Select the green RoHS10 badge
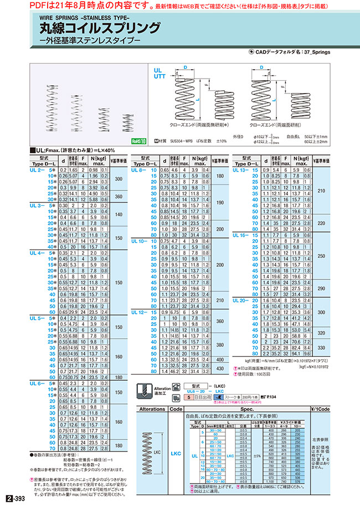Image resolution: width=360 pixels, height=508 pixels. (x=139, y=141)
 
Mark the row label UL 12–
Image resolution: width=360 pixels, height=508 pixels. (x=138, y=312)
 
